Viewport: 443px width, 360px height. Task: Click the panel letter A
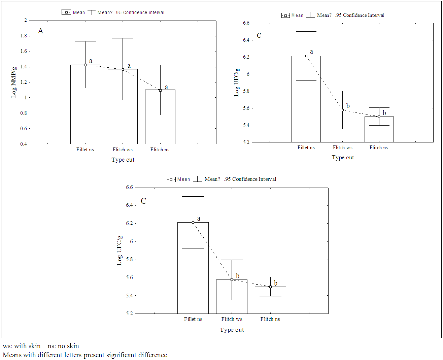pos(40,31)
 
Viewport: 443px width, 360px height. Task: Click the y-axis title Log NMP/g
pos(14,83)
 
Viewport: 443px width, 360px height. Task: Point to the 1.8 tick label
pos(24,36)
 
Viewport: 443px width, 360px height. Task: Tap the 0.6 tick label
pos(24,128)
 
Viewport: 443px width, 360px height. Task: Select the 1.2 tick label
pos(24,82)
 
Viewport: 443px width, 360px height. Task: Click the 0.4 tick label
pos(24,144)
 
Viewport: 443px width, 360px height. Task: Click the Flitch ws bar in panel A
pos(123,111)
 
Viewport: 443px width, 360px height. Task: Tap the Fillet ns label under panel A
pos(85,150)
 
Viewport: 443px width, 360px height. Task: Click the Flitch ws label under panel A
pos(123,150)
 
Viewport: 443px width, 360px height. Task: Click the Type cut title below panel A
pos(123,160)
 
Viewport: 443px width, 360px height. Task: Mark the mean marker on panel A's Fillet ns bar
pos(85,65)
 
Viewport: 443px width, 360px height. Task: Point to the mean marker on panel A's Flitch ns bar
pos(160,90)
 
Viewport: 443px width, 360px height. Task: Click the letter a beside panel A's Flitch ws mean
pos(129,66)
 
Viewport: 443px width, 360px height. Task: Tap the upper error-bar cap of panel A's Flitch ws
pos(123,38)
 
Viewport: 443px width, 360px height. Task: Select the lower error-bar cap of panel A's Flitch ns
pos(160,115)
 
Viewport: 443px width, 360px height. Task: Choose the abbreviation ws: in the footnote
pos(7,346)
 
